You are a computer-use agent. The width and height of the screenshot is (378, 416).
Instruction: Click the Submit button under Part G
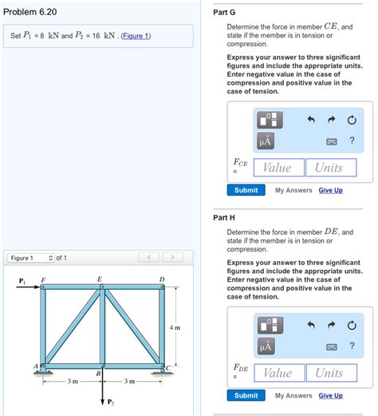[246, 190]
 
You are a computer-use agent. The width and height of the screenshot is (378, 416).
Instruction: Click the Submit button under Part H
[246, 395]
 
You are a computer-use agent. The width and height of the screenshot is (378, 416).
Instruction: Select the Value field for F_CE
[277, 168]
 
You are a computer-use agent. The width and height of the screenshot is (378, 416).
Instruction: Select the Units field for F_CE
[329, 168]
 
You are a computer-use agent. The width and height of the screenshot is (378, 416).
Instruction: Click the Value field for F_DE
[277, 373]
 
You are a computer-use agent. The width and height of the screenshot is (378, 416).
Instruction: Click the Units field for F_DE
[329, 373]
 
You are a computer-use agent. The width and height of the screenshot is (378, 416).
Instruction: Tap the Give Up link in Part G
[330, 190]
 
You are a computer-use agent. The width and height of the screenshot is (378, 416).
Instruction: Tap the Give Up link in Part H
[330, 395]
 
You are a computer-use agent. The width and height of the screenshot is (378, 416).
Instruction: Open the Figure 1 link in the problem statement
[133, 37]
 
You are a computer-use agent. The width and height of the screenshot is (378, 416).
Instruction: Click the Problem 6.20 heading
[30, 11]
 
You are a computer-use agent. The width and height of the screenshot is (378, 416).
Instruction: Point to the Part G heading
[225, 12]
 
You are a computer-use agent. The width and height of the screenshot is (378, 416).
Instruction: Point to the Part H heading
[225, 217]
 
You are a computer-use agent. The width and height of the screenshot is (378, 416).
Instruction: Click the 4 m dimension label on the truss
[175, 327]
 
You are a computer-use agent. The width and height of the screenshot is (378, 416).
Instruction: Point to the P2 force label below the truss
[111, 402]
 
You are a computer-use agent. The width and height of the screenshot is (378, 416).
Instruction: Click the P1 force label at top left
[22, 279]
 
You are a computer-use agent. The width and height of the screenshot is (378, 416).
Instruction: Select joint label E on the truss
[99, 279]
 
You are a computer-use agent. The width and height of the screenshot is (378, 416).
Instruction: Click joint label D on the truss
[162, 279]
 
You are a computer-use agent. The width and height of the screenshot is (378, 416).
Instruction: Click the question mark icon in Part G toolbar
[351, 141]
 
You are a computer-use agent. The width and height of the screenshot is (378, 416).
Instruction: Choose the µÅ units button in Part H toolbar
[266, 346]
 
